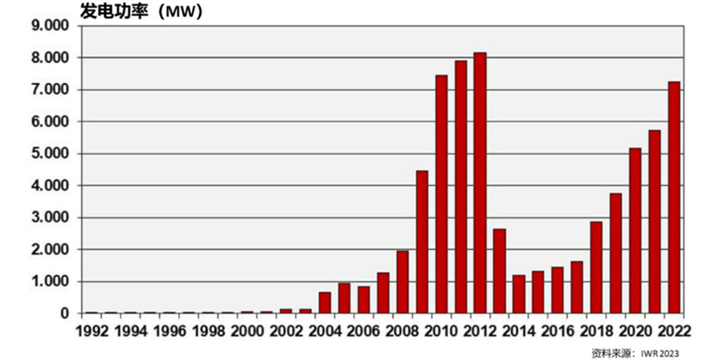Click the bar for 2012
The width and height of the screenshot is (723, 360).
[480, 183]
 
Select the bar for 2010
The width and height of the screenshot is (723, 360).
[441, 194]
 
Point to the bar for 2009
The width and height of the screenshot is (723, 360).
[422, 242]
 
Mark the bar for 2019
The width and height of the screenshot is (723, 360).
[615, 253]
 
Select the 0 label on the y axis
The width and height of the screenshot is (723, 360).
[65, 313]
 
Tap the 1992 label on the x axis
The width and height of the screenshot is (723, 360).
[91, 330]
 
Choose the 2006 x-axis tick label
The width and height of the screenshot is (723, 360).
[363, 330]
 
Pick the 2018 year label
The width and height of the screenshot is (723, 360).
[595, 330]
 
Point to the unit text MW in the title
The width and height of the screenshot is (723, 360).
[176, 11]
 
